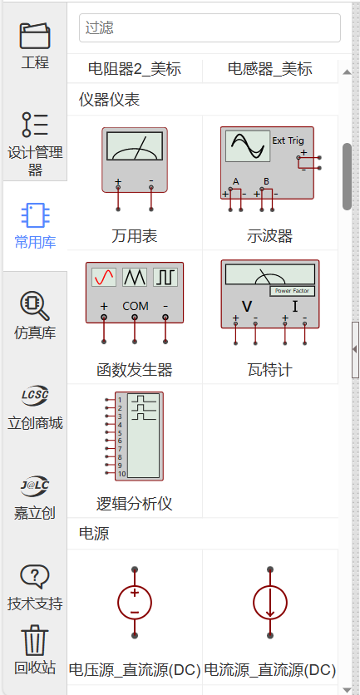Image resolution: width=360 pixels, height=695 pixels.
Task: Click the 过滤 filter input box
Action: coord(210,28)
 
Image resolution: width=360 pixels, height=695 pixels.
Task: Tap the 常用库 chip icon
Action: coord(36,215)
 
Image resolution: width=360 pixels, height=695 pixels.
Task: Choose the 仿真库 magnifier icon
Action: coord(35,306)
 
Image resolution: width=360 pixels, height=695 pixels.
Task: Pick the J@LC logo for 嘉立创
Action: coord(35,486)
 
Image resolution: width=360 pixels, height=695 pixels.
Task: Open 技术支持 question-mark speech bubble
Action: coord(35,576)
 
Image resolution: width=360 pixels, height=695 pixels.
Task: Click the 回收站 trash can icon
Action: coord(35,641)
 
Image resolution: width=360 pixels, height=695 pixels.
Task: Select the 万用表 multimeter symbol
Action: coord(135,170)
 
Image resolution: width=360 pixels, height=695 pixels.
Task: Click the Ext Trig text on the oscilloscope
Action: coord(288,140)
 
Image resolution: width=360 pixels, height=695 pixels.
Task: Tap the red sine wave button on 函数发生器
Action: coord(104,277)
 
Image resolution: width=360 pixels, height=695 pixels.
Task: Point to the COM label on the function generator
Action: coord(136,306)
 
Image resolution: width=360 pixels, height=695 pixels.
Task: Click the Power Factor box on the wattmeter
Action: coord(293,291)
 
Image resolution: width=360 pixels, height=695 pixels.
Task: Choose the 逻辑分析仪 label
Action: coord(135,504)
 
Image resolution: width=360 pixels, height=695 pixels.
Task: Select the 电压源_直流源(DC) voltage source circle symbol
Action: coord(135,603)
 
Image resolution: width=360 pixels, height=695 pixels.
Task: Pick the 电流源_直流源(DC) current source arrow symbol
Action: coord(270,603)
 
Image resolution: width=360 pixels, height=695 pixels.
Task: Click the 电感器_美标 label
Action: coord(270,69)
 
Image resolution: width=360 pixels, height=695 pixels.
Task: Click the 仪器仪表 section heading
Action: coord(110,100)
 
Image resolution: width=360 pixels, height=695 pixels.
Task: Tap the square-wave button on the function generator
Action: coord(165,277)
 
